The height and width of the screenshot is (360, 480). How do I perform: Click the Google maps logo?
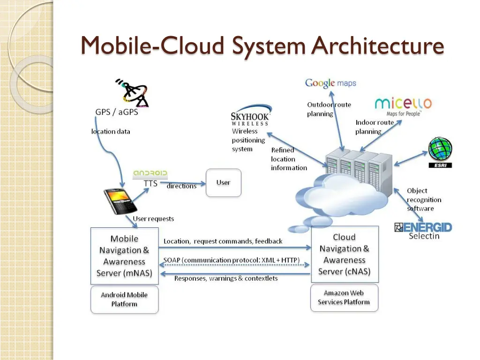coord(330,83)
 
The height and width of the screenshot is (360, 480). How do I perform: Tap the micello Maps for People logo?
coord(403,107)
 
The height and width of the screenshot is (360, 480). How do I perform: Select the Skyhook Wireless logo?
coord(250,115)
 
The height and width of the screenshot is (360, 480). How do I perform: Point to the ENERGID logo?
coord(423,227)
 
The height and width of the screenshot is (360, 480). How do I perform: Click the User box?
coord(224,183)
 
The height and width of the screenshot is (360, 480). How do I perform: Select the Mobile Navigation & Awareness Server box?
coord(125,256)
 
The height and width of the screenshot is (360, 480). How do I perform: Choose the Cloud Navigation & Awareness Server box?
coord(345,254)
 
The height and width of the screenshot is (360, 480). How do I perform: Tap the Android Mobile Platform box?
coord(125,300)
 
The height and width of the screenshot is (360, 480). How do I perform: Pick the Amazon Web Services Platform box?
coord(344,298)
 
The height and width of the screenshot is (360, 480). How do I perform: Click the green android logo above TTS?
coord(150,173)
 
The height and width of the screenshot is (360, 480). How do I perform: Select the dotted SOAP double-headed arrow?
coord(234,265)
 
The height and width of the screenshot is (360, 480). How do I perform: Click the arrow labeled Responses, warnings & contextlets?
coord(235,274)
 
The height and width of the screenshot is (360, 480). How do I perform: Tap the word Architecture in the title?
coord(378,46)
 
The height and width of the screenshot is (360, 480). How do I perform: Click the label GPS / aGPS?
coord(117,112)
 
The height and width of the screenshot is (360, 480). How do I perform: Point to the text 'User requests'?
coord(153,218)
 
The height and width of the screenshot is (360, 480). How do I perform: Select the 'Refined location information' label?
coord(289,159)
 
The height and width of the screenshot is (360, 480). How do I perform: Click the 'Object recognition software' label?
coord(424,200)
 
